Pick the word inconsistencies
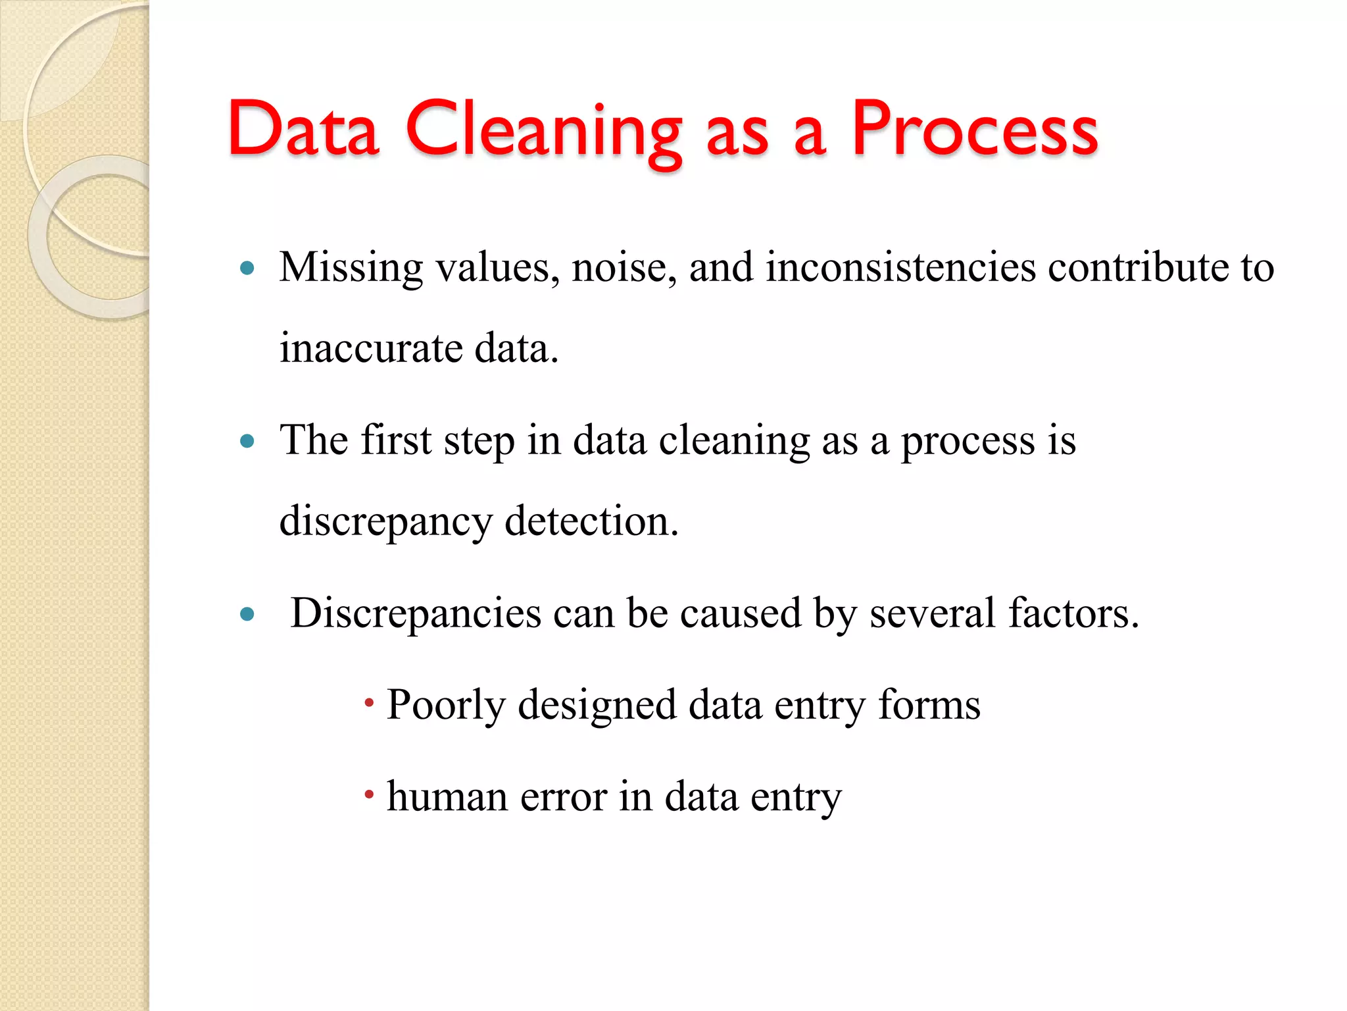900,268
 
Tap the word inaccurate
371,348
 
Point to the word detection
591,521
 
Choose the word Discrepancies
416,613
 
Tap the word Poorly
446,706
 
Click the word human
447,796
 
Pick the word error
564,798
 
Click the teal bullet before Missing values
247,268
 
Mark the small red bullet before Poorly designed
369,703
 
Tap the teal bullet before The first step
247,441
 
